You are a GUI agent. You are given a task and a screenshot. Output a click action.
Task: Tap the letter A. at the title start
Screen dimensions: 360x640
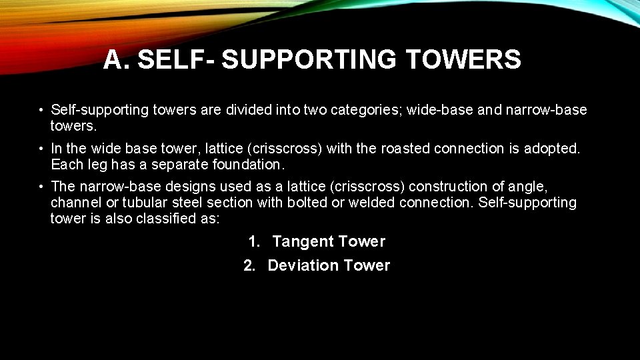[x=117, y=60]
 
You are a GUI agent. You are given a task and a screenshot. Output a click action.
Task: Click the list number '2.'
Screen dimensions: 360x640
[x=249, y=265]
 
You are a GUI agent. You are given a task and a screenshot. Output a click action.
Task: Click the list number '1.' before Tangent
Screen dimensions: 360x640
[x=254, y=241]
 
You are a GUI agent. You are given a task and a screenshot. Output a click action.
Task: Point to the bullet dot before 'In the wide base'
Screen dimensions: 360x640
[x=41, y=149]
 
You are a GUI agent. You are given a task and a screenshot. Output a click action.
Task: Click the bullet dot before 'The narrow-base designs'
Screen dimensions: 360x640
[x=41, y=187]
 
